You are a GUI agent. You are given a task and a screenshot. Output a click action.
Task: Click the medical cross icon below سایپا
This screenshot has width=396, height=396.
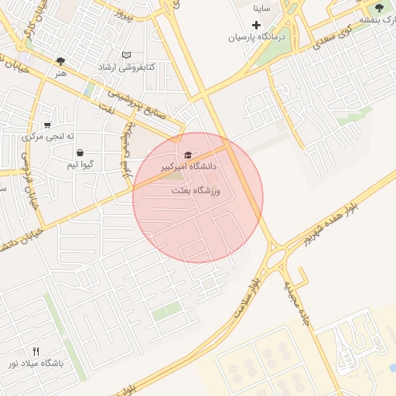pos(256,25)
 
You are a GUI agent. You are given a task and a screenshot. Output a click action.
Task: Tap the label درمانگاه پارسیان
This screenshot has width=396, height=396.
pos(256,37)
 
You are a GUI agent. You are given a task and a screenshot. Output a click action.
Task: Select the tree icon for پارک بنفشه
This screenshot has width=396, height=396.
pos(378,8)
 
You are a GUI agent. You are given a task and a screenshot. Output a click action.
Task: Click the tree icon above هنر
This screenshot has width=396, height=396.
pos(60,61)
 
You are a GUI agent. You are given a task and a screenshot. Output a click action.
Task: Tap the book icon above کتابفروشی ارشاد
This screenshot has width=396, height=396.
pos(126,56)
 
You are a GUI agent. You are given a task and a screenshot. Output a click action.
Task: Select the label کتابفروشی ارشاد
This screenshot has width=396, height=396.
pos(127,68)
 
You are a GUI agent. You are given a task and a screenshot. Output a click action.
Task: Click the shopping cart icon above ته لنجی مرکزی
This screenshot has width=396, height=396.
pos(47,125)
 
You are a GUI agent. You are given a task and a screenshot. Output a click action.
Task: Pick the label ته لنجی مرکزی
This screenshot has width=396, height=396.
pos(48,137)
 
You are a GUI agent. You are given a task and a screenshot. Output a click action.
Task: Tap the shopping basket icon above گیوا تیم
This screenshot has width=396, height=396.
pos(80,153)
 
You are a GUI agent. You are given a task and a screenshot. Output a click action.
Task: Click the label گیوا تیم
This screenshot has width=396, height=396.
pos(81,165)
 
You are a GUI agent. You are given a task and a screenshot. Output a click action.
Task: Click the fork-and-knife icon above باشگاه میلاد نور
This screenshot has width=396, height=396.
pos(36,351)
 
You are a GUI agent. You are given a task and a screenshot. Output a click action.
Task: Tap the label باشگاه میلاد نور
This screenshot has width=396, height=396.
pos(35,363)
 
